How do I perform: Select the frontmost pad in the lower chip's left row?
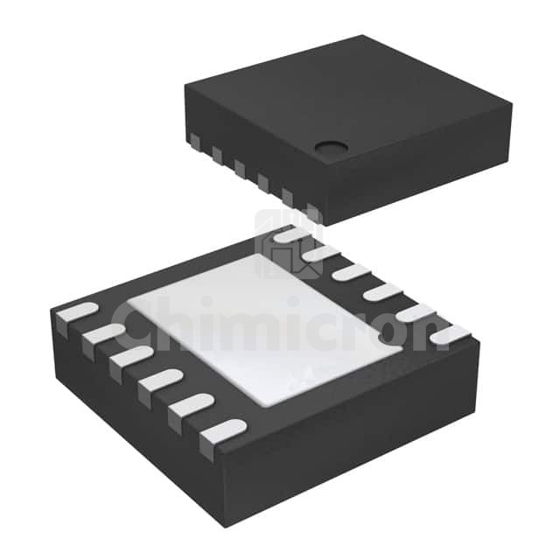tap(222, 431)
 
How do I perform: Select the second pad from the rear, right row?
tap(320, 254)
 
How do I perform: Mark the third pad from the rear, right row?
tap(349, 272)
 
